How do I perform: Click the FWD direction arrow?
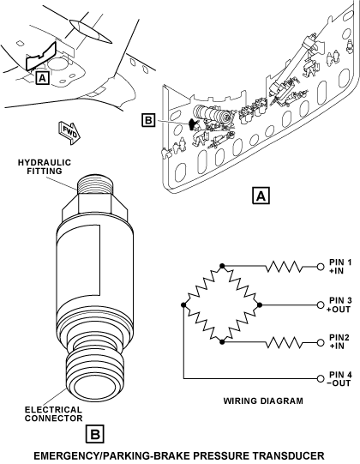pyautogui.click(x=69, y=133)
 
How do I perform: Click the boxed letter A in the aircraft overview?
pyautogui.click(x=42, y=78)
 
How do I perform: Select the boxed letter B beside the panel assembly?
pyautogui.click(x=148, y=121)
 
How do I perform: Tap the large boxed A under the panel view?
pyautogui.click(x=261, y=196)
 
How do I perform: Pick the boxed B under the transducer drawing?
pyautogui.click(x=95, y=434)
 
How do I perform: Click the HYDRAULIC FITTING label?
pyautogui.click(x=45, y=166)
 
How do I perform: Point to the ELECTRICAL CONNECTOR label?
pyautogui.click(x=53, y=414)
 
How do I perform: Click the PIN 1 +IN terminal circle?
pyautogui.click(x=321, y=267)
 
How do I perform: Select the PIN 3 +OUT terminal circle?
pyautogui.click(x=321, y=304)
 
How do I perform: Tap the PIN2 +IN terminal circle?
pyautogui.click(x=321, y=343)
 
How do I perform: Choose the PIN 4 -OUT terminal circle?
pyautogui.click(x=321, y=378)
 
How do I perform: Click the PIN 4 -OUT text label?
pyautogui.click(x=339, y=379)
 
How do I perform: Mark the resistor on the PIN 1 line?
pyautogui.click(x=285, y=267)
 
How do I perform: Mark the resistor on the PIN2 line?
pyautogui.click(x=285, y=343)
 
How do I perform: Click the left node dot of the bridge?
pyautogui.click(x=183, y=304)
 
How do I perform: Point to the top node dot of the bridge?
pyautogui.click(x=223, y=266)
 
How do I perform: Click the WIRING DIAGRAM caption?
pyautogui.click(x=263, y=401)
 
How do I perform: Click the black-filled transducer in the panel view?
pyautogui.click(x=194, y=124)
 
